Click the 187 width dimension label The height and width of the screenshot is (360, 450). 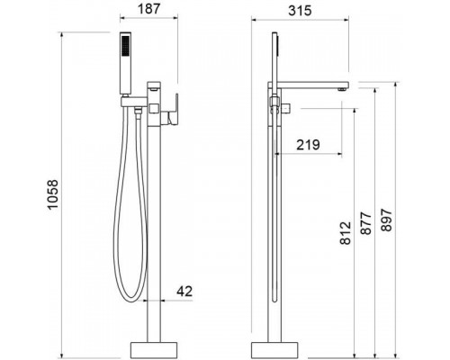[148, 8]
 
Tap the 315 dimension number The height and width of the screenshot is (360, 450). [300, 11]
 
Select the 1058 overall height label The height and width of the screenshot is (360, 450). [52, 194]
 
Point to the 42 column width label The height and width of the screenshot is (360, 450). [184, 291]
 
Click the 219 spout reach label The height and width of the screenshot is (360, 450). [308, 145]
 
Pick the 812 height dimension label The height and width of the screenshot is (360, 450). [346, 233]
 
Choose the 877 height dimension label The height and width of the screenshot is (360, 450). [365, 223]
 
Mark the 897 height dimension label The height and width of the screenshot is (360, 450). [386, 220]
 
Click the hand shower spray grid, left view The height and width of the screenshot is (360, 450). [125, 45]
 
